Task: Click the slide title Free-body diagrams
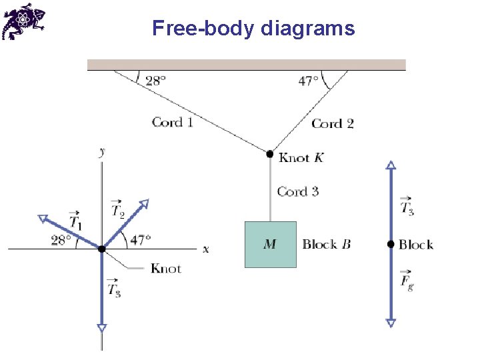pyautogui.click(x=253, y=28)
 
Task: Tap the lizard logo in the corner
pyautogui.click(x=23, y=21)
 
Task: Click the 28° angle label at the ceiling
pyautogui.click(x=155, y=81)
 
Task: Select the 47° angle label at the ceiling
pyautogui.click(x=309, y=81)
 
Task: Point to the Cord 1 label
pyautogui.click(x=172, y=121)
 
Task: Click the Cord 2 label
pyautogui.click(x=333, y=123)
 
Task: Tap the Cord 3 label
pyautogui.click(x=298, y=191)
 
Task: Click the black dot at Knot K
pyautogui.click(x=270, y=154)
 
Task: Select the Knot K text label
pyautogui.click(x=301, y=157)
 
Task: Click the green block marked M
pyautogui.click(x=270, y=244)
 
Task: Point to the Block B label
pyautogui.click(x=326, y=244)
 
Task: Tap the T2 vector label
pyautogui.click(x=117, y=209)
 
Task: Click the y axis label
pyautogui.click(x=102, y=152)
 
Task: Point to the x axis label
pyautogui.click(x=205, y=249)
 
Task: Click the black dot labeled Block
pyautogui.click(x=391, y=244)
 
